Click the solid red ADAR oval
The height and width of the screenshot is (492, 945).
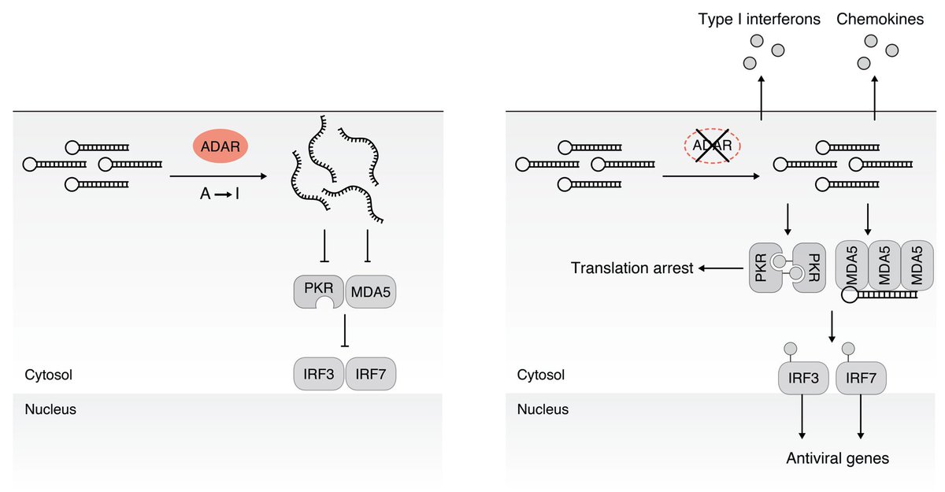(x=220, y=146)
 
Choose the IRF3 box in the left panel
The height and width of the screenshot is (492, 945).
(x=318, y=375)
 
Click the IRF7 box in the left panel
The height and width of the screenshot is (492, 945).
(x=370, y=375)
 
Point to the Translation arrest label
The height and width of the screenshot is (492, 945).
(x=632, y=268)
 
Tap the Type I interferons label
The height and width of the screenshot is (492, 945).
(x=760, y=19)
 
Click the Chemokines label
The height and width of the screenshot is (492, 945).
(x=881, y=19)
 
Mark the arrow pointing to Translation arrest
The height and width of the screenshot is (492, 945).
(x=720, y=268)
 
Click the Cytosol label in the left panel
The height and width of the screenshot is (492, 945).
(x=48, y=375)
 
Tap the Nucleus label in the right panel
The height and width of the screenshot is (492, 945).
(x=543, y=409)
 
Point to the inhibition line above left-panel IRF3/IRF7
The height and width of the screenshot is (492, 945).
(x=344, y=331)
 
